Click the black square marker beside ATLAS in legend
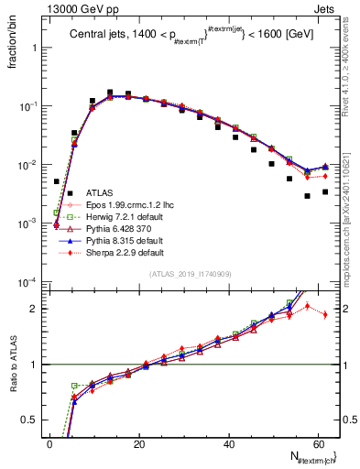pos(69,193)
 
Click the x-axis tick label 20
pos(139,443)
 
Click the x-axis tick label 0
pos(50,443)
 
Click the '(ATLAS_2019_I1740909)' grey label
pos(191,275)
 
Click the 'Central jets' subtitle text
pos(101,36)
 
